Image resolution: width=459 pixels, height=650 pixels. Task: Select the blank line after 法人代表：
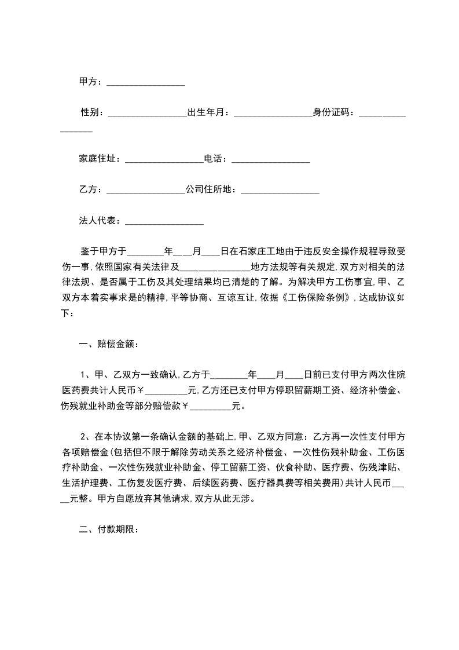(x=164, y=221)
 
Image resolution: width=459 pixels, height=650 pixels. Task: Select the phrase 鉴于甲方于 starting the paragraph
(x=103, y=251)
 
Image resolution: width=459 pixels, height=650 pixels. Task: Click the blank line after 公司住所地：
(x=280, y=189)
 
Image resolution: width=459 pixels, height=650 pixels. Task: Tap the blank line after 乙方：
(x=145, y=189)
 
